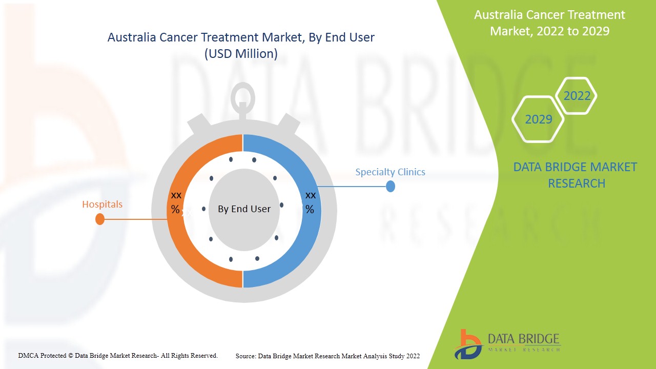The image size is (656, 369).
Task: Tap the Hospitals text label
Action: coord(102,204)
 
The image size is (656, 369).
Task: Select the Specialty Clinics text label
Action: coord(390,172)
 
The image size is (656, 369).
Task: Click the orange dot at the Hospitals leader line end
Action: coord(100,219)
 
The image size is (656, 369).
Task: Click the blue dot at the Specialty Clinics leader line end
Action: coord(391,187)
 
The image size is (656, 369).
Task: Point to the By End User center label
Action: coord(244,209)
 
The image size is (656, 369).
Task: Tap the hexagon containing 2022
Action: coord(577,96)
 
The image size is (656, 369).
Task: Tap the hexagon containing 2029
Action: coord(538,119)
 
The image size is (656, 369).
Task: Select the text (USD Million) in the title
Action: coord(241,54)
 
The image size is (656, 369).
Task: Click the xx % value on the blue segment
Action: coord(310,202)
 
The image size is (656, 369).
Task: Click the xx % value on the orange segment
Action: coord(176,202)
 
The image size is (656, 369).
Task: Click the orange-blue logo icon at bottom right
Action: coord(467,344)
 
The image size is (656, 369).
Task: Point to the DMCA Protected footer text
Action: coord(118,355)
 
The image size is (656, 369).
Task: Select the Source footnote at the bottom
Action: coord(327,356)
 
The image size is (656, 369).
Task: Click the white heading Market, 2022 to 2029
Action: coord(549,31)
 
